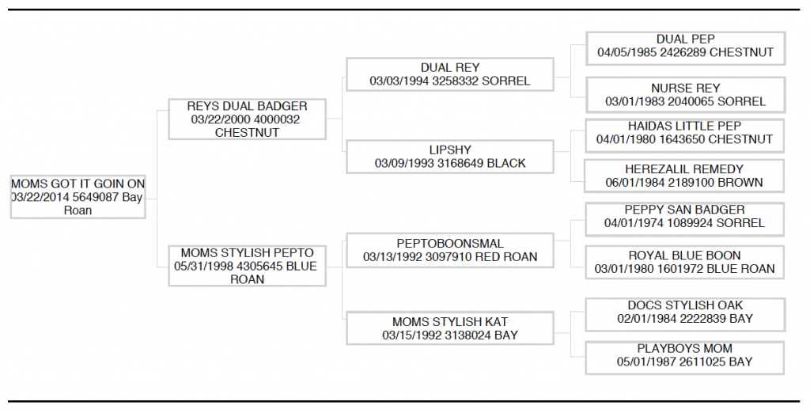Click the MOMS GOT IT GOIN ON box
(x=78, y=196)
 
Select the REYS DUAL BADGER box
(x=247, y=119)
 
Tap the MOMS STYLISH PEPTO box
(x=247, y=266)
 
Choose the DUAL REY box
(x=450, y=74)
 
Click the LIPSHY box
(x=450, y=157)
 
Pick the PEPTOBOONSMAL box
(x=450, y=250)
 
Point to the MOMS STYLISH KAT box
(x=450, y=328)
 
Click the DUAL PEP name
(x=686, y=40)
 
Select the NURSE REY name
(x=686, y=89)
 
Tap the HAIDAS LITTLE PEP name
(x=684, y=126)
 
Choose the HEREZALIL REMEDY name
(x=684, y=169)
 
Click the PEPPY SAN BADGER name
(x=684, y=210)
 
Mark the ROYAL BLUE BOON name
(x=684, y=256)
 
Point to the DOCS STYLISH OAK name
(x=685, y=305)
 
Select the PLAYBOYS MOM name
(x=684, y=349)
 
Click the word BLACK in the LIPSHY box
(x=506, y=163)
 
